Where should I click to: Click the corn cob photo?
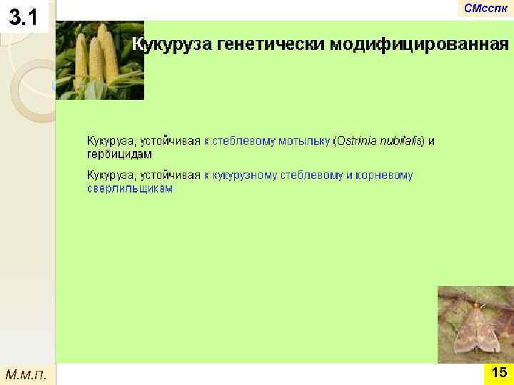(x=100, y=61)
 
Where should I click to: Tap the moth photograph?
(x=475, y=324)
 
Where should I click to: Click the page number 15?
(x=499, y=373)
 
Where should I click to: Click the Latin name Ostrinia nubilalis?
(x=379, y=141)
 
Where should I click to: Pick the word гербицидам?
(x=119, y=154)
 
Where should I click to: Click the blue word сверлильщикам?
(x=130, y=189)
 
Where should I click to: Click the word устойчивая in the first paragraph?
(x=171, y=141)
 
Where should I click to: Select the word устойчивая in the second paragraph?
(x=171, y=175)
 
